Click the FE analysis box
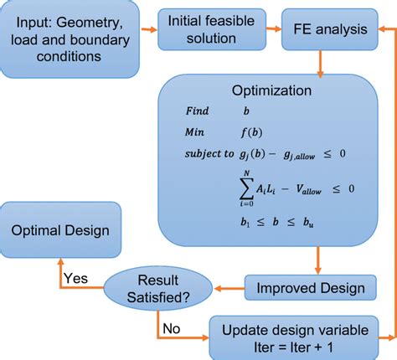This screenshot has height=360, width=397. point(330,29)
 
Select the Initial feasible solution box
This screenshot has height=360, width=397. point(212,29)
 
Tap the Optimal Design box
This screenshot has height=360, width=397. point(60,230)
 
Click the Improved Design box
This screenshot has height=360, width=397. point(311,288)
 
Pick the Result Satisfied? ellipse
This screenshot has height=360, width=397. point(158,288)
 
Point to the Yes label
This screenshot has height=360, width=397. point(75,278)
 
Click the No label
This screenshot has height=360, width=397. point(172,328)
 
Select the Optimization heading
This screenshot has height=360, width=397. point(271,90)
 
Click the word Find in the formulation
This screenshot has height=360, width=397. point(197,111)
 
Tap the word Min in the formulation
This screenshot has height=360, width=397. point(194,131)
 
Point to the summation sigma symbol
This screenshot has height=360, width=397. point(246,188)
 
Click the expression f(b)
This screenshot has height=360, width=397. point(251,132)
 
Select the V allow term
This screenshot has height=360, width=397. point(309,189)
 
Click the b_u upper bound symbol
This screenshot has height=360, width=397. point(308,223)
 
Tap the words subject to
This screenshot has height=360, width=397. point(209,154)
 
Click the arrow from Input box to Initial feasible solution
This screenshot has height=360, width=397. point(149,29)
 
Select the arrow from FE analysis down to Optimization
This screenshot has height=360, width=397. point(320,64)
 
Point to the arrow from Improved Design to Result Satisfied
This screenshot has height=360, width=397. point(229,288)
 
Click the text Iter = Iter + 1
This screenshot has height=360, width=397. point(293,347)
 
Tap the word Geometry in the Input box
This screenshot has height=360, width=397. point(90,23)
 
